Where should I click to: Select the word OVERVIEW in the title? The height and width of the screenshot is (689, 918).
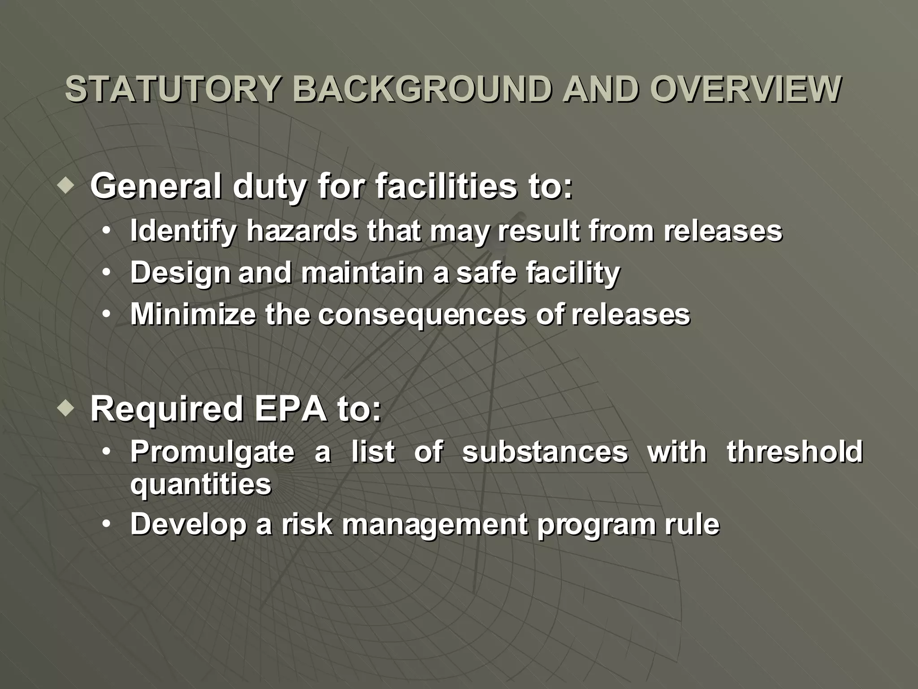(745, 90)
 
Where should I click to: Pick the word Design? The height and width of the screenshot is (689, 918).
(180, 273)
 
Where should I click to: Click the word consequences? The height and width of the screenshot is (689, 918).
(422, 315)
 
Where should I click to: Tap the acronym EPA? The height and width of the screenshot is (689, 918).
(291, 409)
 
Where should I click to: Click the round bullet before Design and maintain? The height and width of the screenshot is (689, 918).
(106, 272)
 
